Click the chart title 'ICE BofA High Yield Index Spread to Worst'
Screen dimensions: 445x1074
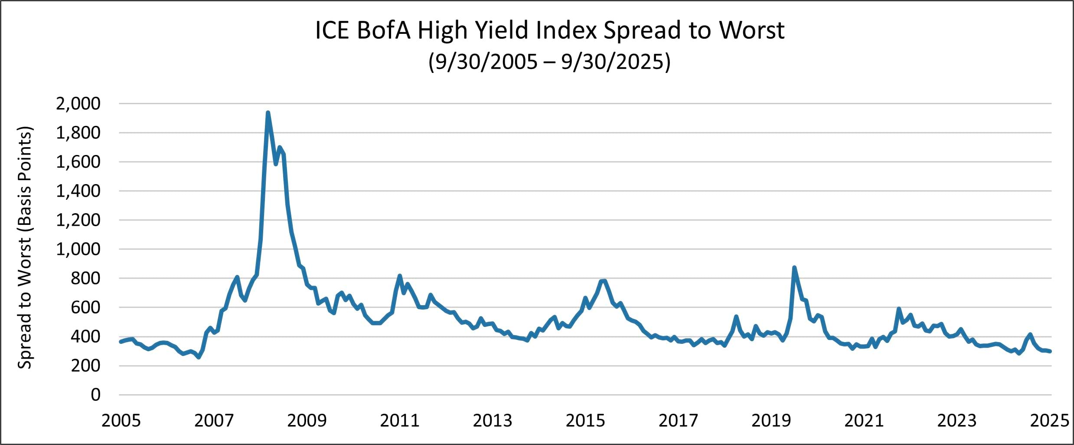(x=549, y=30)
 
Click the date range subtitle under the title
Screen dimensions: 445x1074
(x=549, y=62)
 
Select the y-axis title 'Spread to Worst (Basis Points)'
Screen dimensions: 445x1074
(x=25, y=247)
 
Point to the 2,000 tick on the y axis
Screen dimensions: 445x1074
(x=78, y=104)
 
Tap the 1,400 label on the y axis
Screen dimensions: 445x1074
(x=78, y=191)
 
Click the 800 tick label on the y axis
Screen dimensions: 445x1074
(x=85, y=278)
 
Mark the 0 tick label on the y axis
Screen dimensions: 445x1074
(x=95, y=395)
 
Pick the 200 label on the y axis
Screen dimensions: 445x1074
(x=85, y=366)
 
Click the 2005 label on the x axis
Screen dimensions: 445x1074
(x=121, y=420)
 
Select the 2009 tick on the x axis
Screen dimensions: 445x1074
(x=307, y=420)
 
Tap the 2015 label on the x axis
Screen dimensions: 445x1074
(x=585, y=420)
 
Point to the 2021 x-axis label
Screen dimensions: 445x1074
(x=864, y=420)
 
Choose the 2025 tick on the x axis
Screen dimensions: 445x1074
(x=1049, y=420)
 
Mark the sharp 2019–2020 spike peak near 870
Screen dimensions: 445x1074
(x=794, y=268)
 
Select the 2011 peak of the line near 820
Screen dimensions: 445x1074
(x=400, y=276)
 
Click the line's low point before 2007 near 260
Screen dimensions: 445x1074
(x=199, y=357)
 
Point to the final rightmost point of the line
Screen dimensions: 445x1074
(x=1050, y=351)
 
